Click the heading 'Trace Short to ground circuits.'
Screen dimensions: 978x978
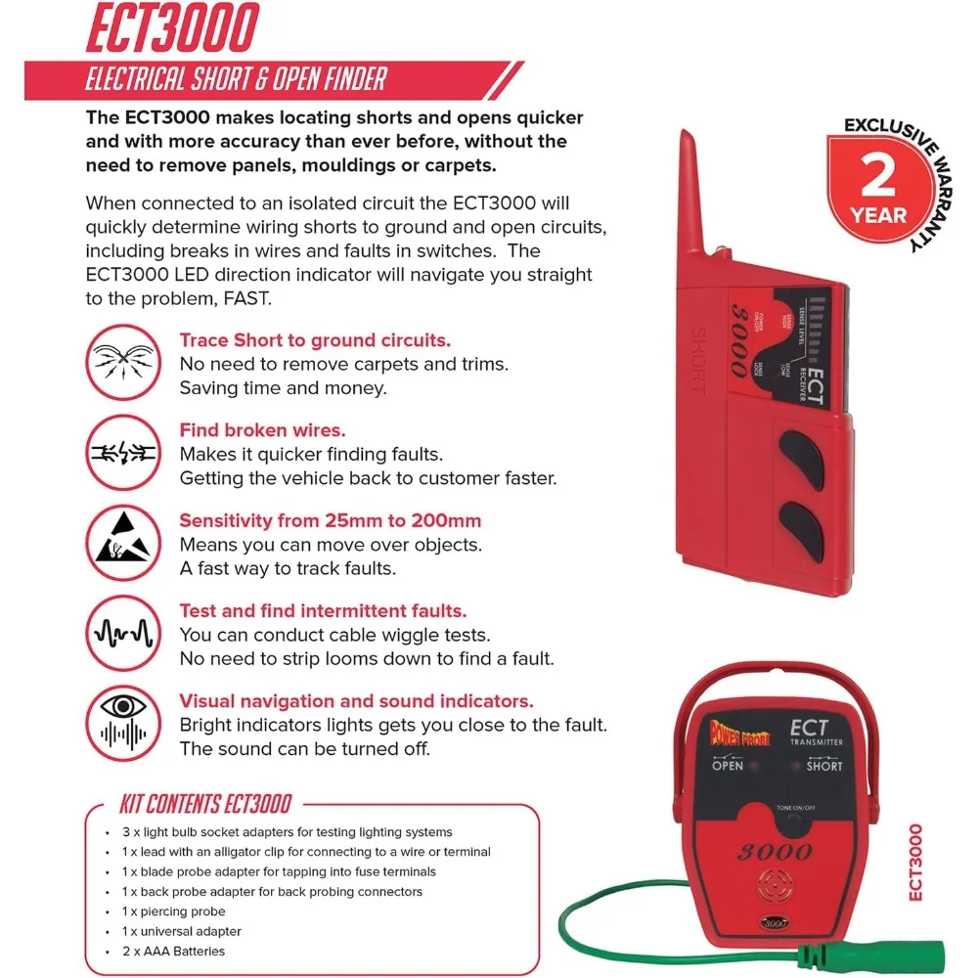tap(315, 340)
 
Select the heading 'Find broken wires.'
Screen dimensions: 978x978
tap(262, 430)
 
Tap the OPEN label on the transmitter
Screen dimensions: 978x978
tap(728, 766)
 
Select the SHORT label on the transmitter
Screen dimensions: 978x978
tap(823, 766)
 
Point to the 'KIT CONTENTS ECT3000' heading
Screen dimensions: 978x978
tap(205, 804)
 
